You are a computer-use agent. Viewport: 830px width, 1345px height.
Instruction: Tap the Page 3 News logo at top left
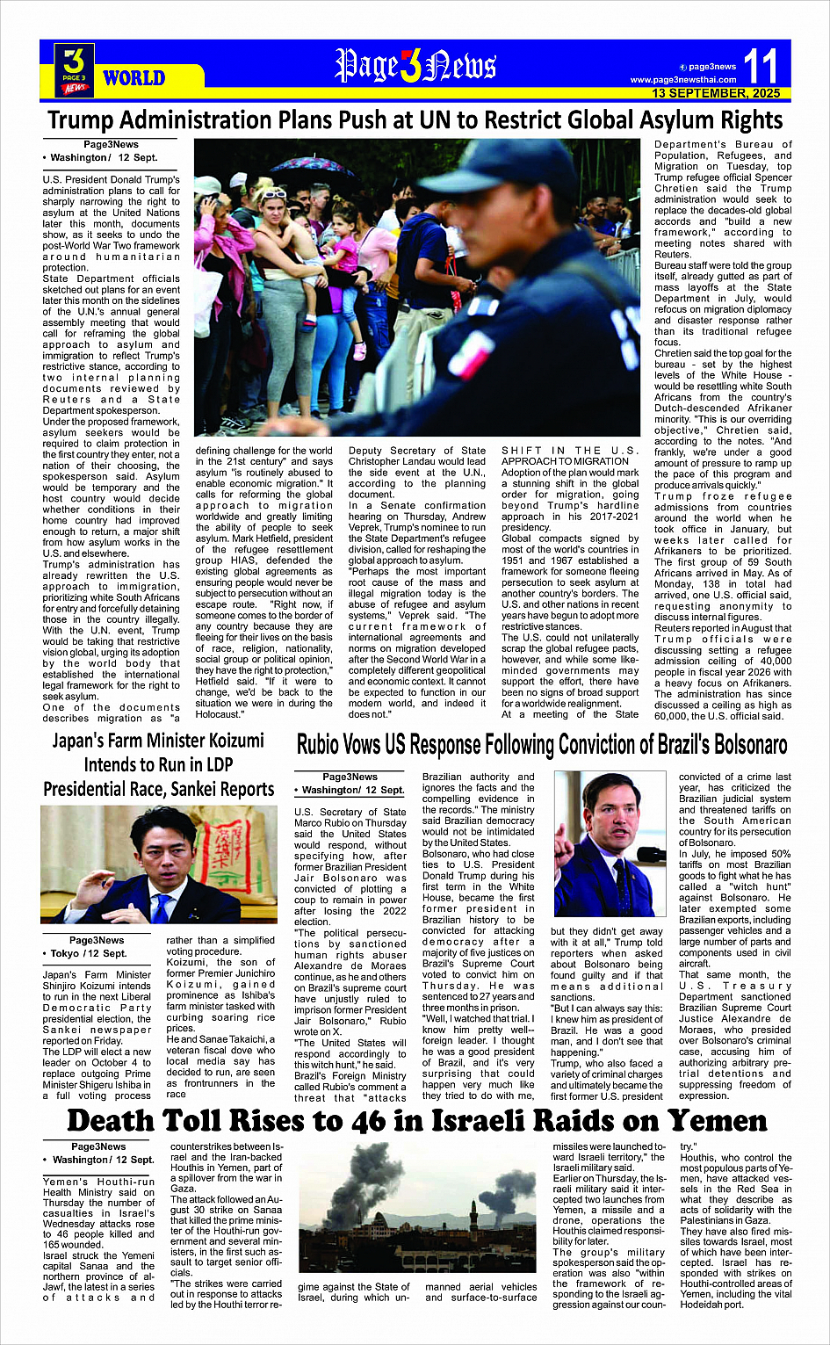[x=75, y=69]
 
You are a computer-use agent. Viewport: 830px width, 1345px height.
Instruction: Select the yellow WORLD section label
[x=134, y=78]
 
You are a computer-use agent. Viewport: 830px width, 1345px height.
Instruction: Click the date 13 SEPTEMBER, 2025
[x=716, y=93]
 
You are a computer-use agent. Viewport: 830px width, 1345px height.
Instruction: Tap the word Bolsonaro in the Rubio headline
[x=732, y=746]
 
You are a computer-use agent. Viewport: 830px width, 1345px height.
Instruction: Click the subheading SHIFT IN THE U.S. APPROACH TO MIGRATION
[x=570, y=456]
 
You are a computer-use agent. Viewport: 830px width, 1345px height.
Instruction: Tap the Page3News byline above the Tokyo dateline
[x=97, y=940]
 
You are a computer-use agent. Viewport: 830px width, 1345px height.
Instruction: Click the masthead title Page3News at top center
[x=415, y=66]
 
